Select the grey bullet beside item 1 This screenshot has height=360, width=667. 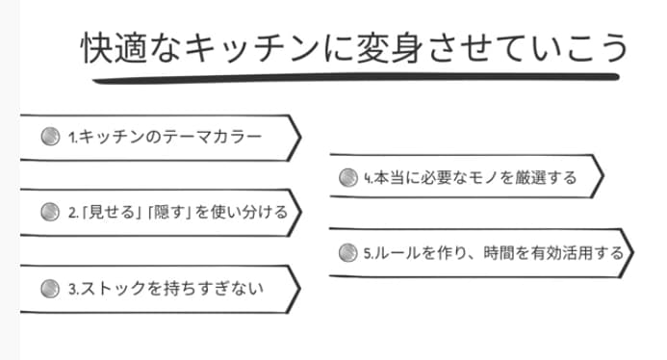[x=50, y=137]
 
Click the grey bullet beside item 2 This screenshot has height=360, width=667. [x=50, y=212]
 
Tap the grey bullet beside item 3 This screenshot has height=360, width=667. [x=50, y=287]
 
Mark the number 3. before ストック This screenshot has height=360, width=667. [x=74, y=287]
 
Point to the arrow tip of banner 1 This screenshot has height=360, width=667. [x=298, y=138]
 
